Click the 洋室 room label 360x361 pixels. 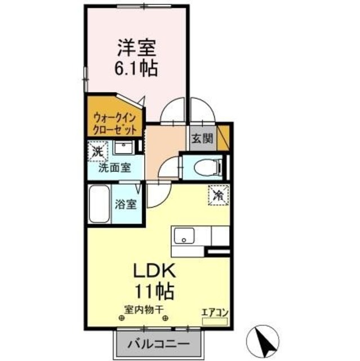136,46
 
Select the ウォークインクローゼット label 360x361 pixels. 115,122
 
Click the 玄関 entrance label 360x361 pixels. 200,138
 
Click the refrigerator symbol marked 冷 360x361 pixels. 219,195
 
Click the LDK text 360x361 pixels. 154,271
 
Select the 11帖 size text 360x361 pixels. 153,292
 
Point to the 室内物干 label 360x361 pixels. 143,309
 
